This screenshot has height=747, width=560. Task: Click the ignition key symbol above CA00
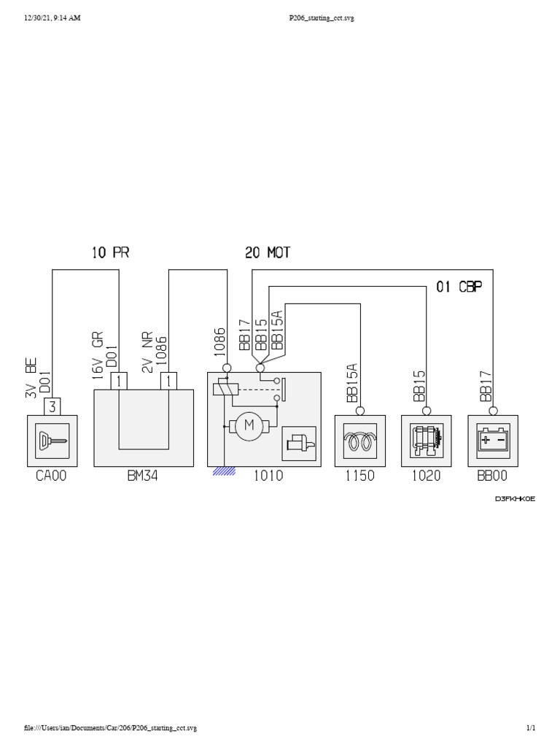point(52,441)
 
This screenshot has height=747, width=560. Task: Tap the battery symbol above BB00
point(493,441)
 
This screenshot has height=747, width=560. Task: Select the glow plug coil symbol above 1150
point(359,441)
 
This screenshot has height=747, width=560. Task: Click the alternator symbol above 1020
point(426,441)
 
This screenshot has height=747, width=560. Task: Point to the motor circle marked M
point(249,427)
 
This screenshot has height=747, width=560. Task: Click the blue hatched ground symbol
point(225,471)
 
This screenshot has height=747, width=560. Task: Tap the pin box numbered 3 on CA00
point(53,406)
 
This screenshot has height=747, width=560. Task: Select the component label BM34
point(144,476)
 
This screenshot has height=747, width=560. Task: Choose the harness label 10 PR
point(110,253)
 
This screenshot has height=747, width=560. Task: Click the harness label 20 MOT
point(268,253)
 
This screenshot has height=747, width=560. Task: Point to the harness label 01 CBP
point(459,286)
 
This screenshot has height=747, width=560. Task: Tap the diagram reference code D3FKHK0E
point(515,499)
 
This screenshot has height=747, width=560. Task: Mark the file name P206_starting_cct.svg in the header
point(322,18)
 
